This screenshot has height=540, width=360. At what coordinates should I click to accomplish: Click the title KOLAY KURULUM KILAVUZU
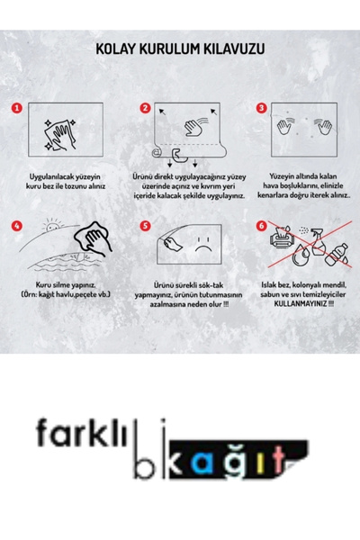click(180, 51)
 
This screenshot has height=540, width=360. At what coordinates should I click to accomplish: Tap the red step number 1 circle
click(16, 108)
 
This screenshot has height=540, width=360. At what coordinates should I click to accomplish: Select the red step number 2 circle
click(145, 108)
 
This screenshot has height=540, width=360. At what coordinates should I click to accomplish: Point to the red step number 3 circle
click(262, 108)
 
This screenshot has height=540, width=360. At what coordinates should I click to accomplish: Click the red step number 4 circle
click(16, 226)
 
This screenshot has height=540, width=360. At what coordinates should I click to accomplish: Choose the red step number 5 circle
click(145, 226)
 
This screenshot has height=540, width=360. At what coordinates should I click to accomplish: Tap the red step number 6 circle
click(262, 226)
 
